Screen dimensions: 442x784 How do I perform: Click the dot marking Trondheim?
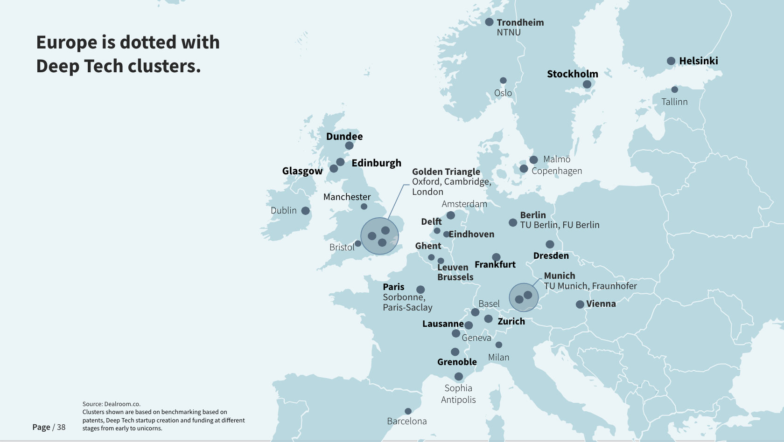(x=489, y=22)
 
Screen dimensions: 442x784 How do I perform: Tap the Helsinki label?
(x=698, y=61)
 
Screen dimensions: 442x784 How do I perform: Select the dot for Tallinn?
(x=674, y=90)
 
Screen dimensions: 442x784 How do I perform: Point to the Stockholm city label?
(x=572, y=74)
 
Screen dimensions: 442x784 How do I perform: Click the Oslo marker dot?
(x=503, y=81)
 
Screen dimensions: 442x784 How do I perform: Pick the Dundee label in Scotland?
(x=344, y=137)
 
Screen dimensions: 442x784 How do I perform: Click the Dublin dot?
(x=306, y=211)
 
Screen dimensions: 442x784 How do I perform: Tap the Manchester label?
(x=347, y=197)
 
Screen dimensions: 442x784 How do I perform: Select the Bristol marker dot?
(x=358, y=243)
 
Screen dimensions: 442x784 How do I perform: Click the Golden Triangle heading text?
(x=446, y=172)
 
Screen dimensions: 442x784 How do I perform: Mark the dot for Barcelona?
(x=408, y=411)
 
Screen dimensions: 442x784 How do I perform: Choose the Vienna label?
(x=601, y=304)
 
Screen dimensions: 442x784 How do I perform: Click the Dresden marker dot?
(x=550, y=244)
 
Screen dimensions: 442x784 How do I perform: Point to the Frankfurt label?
(x=495, y=265)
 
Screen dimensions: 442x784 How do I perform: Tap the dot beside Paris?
(x=420, y=290)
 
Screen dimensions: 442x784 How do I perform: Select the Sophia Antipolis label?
(x=458, y=394)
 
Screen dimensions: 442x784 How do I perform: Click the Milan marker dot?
(x=499, y=345)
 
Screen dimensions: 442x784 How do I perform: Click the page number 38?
(x=61, y=428)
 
